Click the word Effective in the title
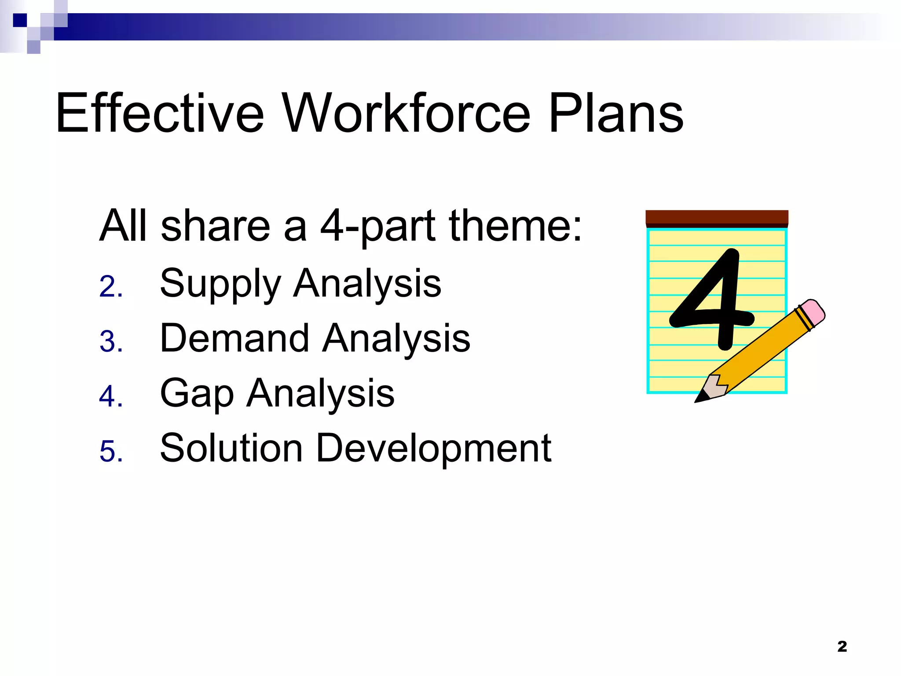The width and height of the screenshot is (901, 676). point(159,113)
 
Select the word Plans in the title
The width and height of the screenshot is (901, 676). point(616,113)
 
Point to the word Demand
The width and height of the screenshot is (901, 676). point(234,338)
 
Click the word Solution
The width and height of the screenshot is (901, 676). point(231,448)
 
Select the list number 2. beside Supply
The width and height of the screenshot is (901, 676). point(110,287)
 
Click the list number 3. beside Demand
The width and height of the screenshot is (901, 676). point(110,342)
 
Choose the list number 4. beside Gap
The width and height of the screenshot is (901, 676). point(110,397)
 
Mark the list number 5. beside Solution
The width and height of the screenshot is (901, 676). point(110,452)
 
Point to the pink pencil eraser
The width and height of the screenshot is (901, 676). point(812,312)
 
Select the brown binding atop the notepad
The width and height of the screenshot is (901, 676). point(717,218)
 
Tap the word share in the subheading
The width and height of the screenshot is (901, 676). point(215,226)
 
